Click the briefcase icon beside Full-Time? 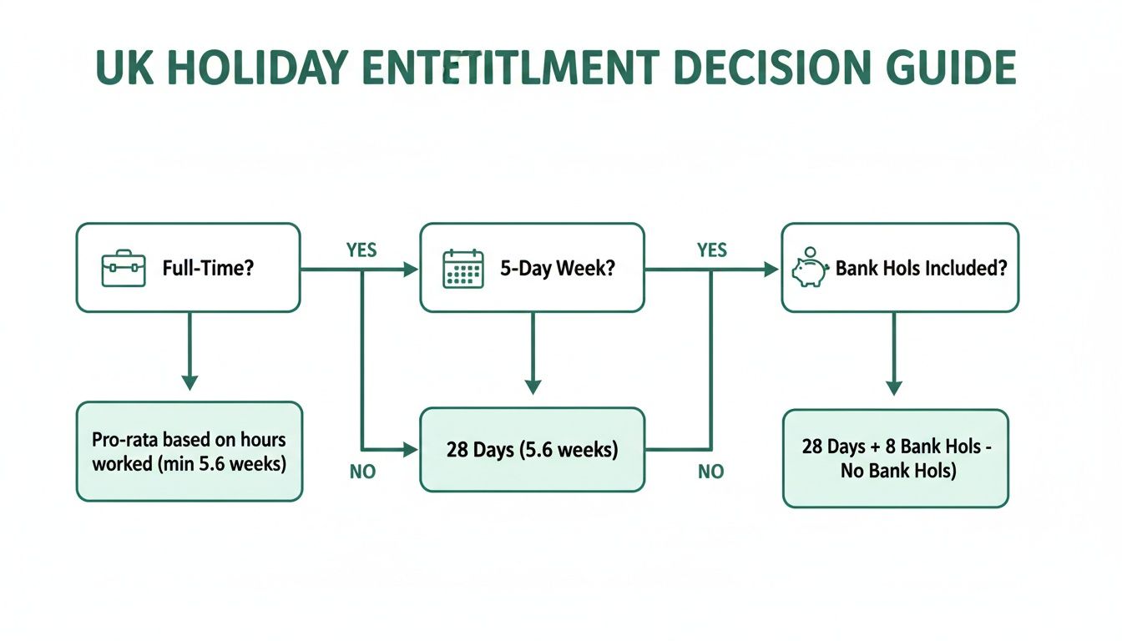coord(124,270)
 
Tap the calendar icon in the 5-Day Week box coord(463,269)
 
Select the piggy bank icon coord(808,269)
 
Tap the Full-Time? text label coord(209,270)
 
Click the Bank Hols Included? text coord(921,270)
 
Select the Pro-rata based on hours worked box coord(190,452)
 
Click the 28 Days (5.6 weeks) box coord(532,450)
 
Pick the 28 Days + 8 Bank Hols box coord(895,458)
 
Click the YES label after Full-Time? coord(361,250)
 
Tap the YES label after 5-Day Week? coord(712,250)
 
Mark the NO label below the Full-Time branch coord(361,472)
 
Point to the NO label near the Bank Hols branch coord(710,472)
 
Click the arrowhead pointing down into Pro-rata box coord(190,382)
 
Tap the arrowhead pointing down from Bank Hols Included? coord(893,388)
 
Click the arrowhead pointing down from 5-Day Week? coord(533,386)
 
